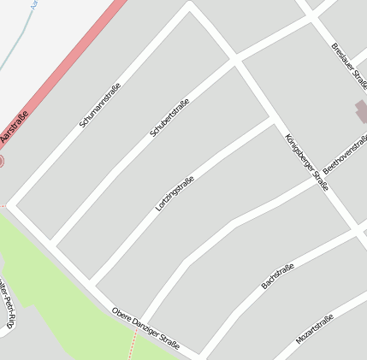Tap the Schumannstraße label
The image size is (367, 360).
click(100, 105)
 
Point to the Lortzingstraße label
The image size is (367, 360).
click(175, 193)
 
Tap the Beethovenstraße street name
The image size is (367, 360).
click(346, 154)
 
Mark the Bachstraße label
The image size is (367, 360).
click(278, 275)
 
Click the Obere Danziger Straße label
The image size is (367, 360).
click(145, 328)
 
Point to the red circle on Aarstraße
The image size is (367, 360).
click(1, 160)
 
